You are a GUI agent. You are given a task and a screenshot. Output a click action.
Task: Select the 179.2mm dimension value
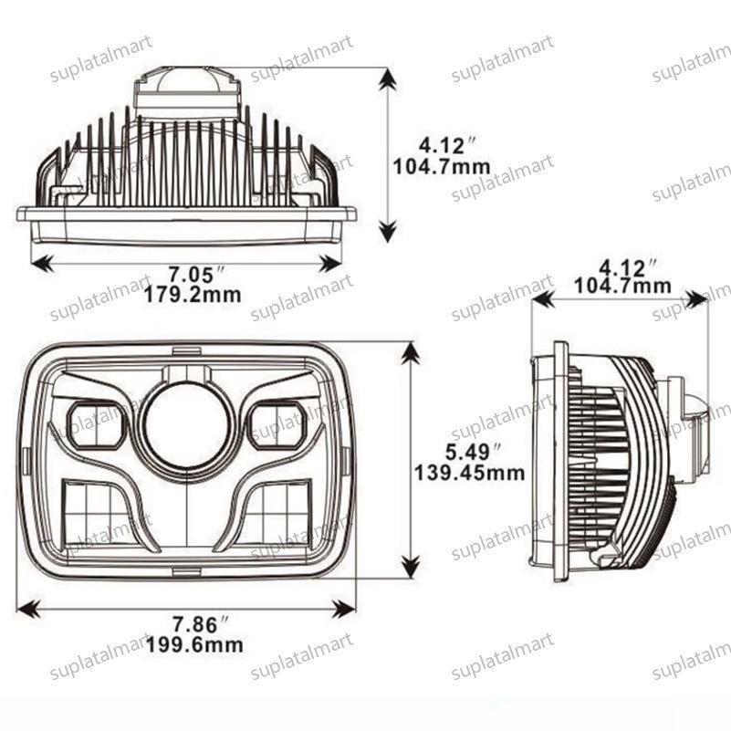point(197,295)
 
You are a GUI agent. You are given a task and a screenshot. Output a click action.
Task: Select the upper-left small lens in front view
point(95,424)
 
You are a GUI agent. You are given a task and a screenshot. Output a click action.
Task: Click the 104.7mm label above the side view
point(622,286)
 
